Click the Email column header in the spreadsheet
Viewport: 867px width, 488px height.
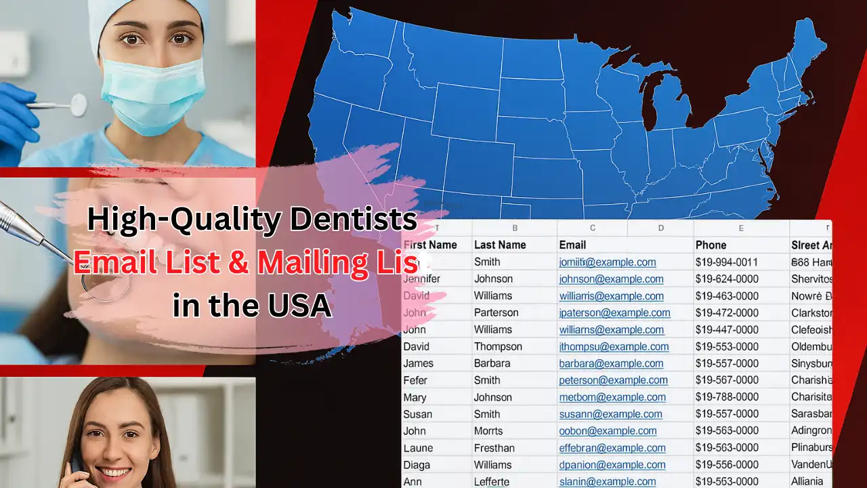572,245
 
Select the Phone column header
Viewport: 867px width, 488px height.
711,245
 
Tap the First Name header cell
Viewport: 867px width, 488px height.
429,245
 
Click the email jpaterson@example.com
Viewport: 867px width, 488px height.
614,312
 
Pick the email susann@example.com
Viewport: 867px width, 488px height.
610,414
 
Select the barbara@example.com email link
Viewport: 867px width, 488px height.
611,363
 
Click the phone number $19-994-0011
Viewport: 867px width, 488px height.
726,262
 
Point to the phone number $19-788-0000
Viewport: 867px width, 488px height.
726,397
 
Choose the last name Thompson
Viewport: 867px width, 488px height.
498,346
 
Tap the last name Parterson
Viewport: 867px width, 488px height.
496,312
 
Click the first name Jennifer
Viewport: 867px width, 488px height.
421,279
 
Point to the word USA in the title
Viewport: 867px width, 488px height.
299,305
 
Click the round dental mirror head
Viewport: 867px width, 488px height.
79,104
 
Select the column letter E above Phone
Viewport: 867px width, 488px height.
741,228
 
